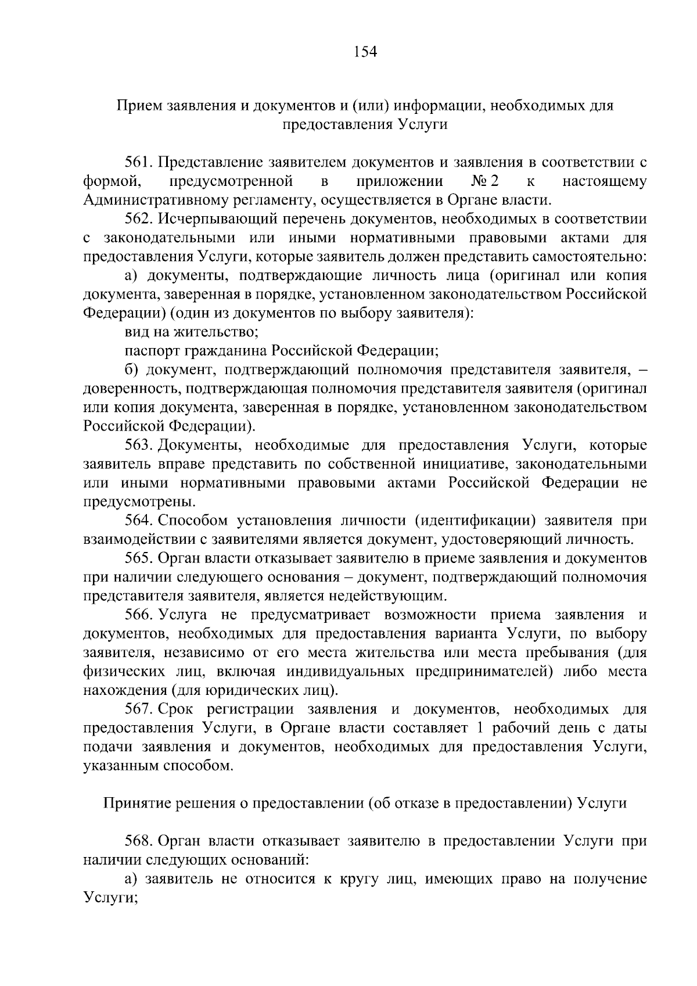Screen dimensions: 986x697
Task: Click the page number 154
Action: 365,52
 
